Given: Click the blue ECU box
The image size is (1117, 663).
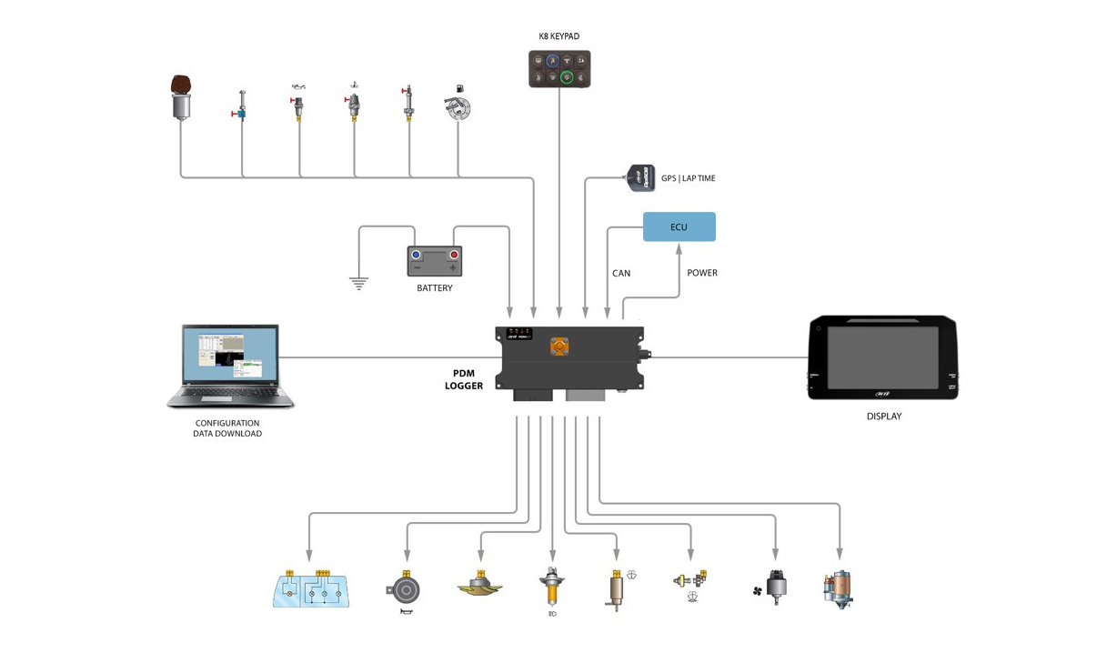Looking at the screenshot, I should [679, 226].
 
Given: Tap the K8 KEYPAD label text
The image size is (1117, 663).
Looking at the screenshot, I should [558, 36].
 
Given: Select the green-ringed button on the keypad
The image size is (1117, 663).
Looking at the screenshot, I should [567, 78].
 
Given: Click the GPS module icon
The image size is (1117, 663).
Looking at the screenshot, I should [641, 177].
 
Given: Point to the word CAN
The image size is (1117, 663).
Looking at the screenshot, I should [621, 273].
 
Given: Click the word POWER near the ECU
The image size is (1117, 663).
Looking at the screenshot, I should [702, 273].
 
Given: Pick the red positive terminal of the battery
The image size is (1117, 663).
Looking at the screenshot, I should [453, 256].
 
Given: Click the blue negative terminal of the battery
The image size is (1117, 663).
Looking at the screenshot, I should [416, 256].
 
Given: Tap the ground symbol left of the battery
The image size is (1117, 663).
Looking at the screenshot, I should [359, 282].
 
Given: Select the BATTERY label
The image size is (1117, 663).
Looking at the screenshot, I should [435, 288].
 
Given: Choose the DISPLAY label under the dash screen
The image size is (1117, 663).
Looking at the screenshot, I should [883, 417].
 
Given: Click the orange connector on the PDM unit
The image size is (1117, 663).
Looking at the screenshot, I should [559, 347].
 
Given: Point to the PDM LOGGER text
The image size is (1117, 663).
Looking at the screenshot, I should [464, 379].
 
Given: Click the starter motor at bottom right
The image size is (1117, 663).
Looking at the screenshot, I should [839, 589].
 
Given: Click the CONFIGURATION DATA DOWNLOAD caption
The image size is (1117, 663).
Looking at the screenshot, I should [227, 428].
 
